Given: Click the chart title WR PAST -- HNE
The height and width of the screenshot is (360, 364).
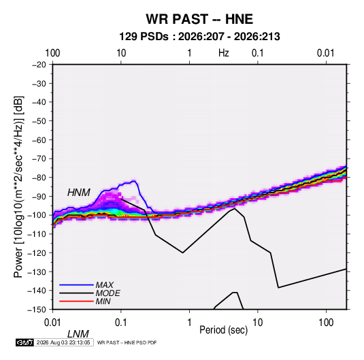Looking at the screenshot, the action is tap(199, 19).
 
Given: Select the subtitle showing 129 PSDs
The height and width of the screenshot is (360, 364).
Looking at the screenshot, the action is tap(199, 37).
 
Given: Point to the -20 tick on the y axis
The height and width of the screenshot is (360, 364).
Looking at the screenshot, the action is tap(39, 65).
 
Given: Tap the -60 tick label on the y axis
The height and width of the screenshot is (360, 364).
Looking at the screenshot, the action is tap(39, 140).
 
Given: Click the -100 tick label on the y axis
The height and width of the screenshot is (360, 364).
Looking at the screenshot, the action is tap(37, 215).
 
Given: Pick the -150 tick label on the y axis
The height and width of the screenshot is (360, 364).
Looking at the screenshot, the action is tap(37, 310).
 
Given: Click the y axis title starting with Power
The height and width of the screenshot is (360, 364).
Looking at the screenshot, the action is tap(18, 187).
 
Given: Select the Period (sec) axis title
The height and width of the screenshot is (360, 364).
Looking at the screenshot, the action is tap(224, 330).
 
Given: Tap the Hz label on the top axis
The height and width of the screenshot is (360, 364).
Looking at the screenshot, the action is tap(224, 53).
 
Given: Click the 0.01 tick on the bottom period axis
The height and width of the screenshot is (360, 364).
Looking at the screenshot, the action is tap(52, 323).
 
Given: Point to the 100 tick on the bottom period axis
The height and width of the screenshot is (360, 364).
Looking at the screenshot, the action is tap(326, 323).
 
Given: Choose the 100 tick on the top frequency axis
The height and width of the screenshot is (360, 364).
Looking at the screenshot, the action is tap(52, 53).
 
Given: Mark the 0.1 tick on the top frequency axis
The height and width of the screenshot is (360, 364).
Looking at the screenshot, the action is tap(258, 53).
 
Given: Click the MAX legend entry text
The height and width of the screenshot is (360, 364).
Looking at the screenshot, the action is tap(105, 285).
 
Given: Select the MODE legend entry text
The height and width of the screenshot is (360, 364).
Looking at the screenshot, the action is tap(108, 293).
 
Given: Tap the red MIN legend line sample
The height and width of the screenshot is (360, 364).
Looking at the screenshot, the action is tap(76, 301).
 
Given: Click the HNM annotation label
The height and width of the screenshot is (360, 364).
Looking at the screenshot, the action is tap(79, 193).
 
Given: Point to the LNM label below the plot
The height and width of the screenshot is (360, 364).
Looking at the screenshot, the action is tap(78, 334).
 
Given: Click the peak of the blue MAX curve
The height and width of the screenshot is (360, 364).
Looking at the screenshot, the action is tap(134, 181).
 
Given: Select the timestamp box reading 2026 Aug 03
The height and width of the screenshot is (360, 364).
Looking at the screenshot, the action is tap(63, 342).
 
